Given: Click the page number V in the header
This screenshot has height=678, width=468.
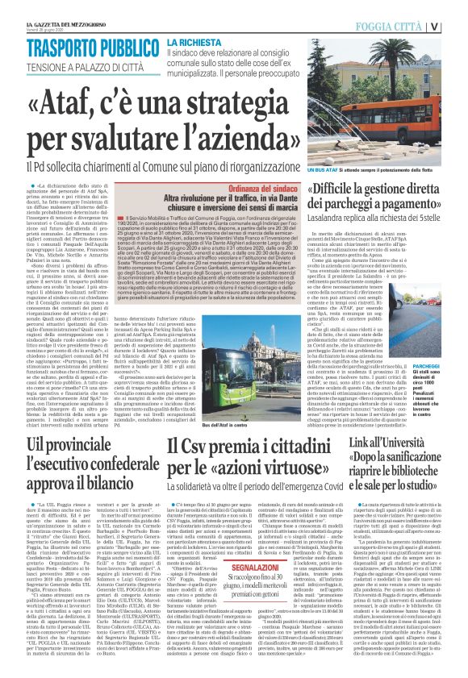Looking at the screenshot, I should pyautogui.click(x=456, y=26).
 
